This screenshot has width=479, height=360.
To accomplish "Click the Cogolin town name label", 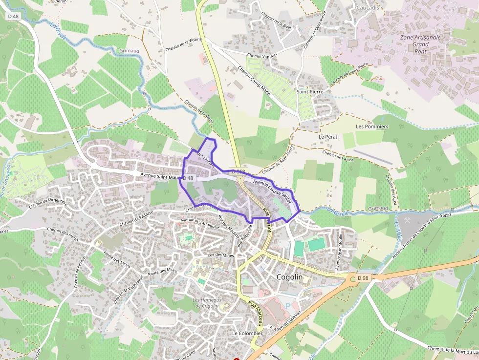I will [289, 277].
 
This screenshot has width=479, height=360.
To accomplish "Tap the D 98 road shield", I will [362, 278].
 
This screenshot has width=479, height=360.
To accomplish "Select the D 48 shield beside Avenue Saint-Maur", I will [189, 178].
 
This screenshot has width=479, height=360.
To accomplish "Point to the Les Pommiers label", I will [372, 127].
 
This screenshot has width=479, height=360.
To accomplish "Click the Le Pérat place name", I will [328, 137].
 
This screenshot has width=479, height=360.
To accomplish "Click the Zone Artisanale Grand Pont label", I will [420, 44].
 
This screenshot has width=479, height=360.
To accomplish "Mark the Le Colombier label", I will [247, 333].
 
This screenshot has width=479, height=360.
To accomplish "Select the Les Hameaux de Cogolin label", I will [207, 303].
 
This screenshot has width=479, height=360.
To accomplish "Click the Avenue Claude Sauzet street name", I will [272, 191].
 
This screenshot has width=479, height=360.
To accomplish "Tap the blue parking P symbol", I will [288, 306].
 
